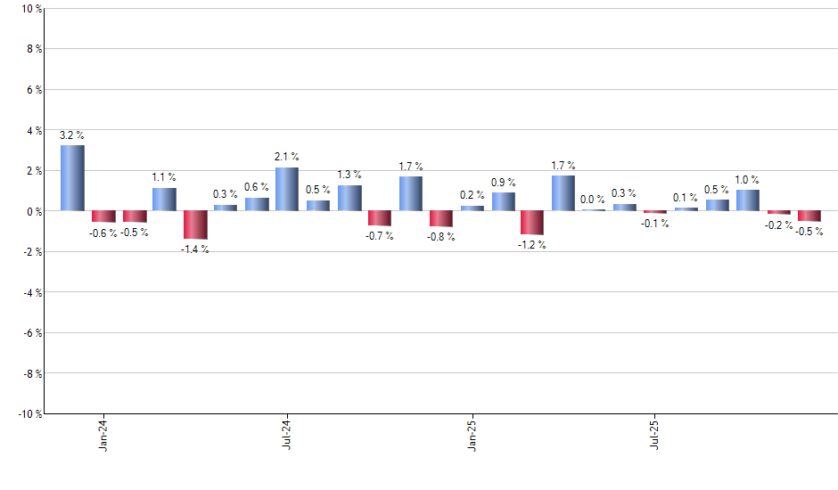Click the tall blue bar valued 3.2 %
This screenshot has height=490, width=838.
pyautogui.click(x=72, y=178)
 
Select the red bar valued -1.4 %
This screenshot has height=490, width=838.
pyautogui.click(x=195, y=225)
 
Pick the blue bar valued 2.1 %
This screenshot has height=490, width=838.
pyautogui.click(x=287, y=189)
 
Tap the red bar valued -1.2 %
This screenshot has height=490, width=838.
pyautogui.click(x=532, y=223)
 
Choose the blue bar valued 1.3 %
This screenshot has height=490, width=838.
pyautogui.click(x=349, y=198)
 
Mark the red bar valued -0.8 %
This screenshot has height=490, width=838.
pyautogui.click(x=441, y=218)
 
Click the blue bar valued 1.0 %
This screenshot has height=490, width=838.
pyautogui.click(x=748, y=200)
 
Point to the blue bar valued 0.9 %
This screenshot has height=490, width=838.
pyautogui.click(x=503, y=201)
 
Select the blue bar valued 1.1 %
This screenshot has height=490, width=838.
pyautogui.click(x=164, y=200)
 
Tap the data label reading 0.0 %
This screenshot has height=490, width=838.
pyautogui.click(x=593, y=200)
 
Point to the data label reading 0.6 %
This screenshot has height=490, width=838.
pyautogui.click(x=256, y=187)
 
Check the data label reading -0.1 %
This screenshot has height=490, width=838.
pyautogui.click(x=655, y=224)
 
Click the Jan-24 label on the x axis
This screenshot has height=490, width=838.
pyautogui.click(x=103, y=434)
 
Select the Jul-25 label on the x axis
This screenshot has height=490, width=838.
pyautogui.click(x=655, y=434)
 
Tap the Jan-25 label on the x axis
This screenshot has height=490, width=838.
pyautogui.click(x=472, y=434)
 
